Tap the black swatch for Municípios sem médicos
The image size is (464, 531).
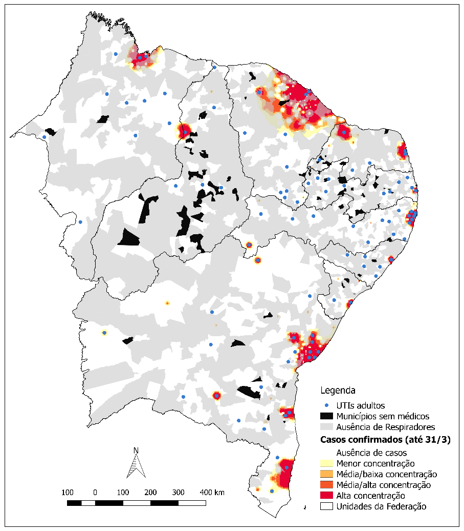tap(327, 416)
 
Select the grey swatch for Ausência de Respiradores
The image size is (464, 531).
tap(327, 426)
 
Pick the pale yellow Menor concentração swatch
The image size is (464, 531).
tap(327, 463)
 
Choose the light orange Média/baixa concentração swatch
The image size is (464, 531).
tap(327, 474)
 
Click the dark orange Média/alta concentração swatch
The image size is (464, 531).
tap(327, 485)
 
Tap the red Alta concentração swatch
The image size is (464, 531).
tap(327, 496)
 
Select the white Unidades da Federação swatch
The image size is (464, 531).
tap(327, 506)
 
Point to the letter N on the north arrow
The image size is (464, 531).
tap(136, 451)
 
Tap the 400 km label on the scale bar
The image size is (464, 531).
tap(212, 493)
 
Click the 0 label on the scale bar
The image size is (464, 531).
tap(95, 493)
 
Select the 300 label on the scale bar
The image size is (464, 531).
tap(179, 493)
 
